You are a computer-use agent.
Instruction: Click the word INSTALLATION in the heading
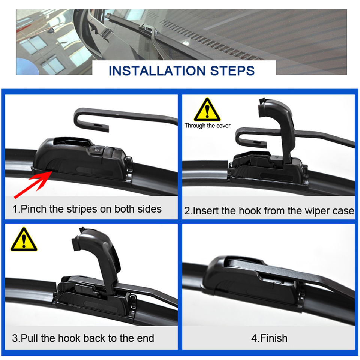[157, 70]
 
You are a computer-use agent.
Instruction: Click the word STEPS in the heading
[232, 70]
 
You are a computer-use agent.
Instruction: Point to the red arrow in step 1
[33, 184]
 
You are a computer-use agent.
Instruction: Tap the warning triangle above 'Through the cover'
[207, 110]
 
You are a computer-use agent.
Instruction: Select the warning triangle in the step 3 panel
[24, 239]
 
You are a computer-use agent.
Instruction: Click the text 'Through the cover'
[207, 126]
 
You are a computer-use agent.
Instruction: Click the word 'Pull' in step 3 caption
[29, 338]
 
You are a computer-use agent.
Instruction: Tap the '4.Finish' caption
[269, 338]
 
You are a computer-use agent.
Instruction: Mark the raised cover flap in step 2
[279, 124]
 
